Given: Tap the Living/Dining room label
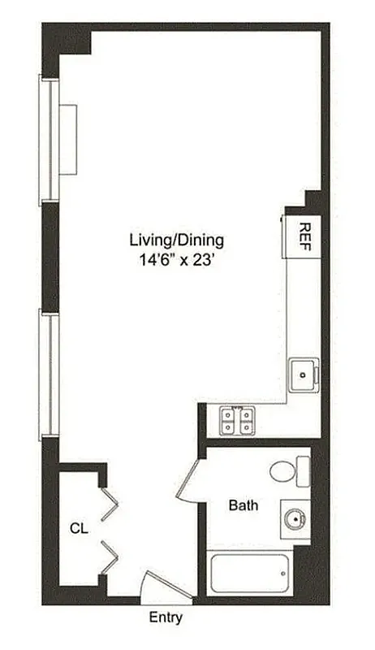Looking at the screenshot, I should click(176, 240).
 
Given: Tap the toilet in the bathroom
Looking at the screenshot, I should click(284, 471).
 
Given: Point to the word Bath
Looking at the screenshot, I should click(244, 505).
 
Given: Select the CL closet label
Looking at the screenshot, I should click(78, 528).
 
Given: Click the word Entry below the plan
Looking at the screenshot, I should click(166, 617).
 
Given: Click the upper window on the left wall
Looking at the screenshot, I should click(48, 138).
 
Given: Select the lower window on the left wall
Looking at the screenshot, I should click(48, 374).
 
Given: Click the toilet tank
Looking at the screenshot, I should click(303, 471).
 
